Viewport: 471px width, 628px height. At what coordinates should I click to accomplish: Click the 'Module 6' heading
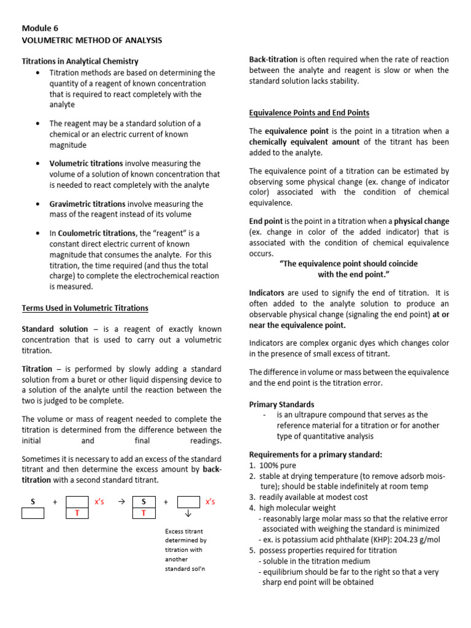coord(40,28)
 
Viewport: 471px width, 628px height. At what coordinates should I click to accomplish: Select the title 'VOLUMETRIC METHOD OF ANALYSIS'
coord(92,40)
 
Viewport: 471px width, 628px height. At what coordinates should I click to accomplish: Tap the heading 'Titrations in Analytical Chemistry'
coord(80,61)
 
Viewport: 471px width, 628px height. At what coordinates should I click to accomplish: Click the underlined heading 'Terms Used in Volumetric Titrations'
coord(85,308)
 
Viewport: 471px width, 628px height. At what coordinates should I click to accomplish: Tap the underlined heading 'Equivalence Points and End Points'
coord(309,113)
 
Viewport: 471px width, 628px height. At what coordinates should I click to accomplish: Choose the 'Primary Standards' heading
coord(281,404)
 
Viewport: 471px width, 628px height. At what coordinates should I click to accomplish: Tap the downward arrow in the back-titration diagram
coord(188,513)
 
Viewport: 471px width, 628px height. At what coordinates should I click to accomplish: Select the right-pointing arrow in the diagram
coord(121,502)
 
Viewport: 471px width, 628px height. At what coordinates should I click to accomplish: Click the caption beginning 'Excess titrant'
coord(184,530)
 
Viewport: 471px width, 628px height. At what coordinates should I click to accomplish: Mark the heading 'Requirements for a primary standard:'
coord(315,454)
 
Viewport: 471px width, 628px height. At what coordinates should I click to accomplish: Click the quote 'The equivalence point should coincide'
coord(348,264)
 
